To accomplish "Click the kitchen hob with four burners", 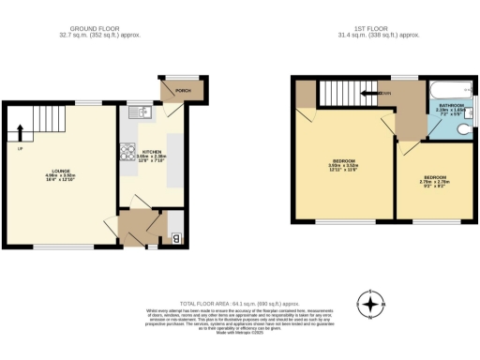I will (126, 152).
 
